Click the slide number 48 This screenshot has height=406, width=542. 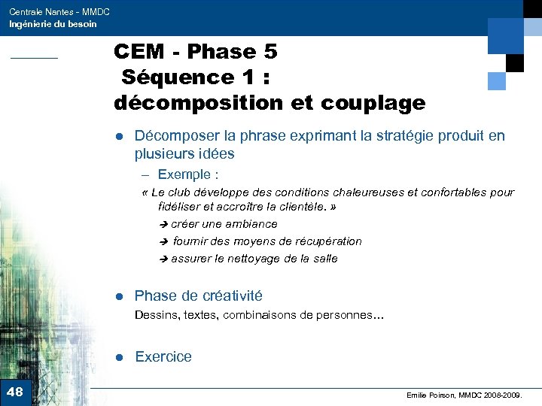tap(14, 392)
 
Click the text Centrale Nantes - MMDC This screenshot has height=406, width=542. tap(59, 11)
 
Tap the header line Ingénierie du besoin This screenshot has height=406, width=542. tap(53, 24)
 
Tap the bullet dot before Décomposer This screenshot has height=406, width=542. tap(119, 137)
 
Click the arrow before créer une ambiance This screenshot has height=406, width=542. tap(164, 225)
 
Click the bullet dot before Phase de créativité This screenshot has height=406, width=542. tap(119, 296)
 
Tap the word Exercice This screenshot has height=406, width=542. tap(163, 357)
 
